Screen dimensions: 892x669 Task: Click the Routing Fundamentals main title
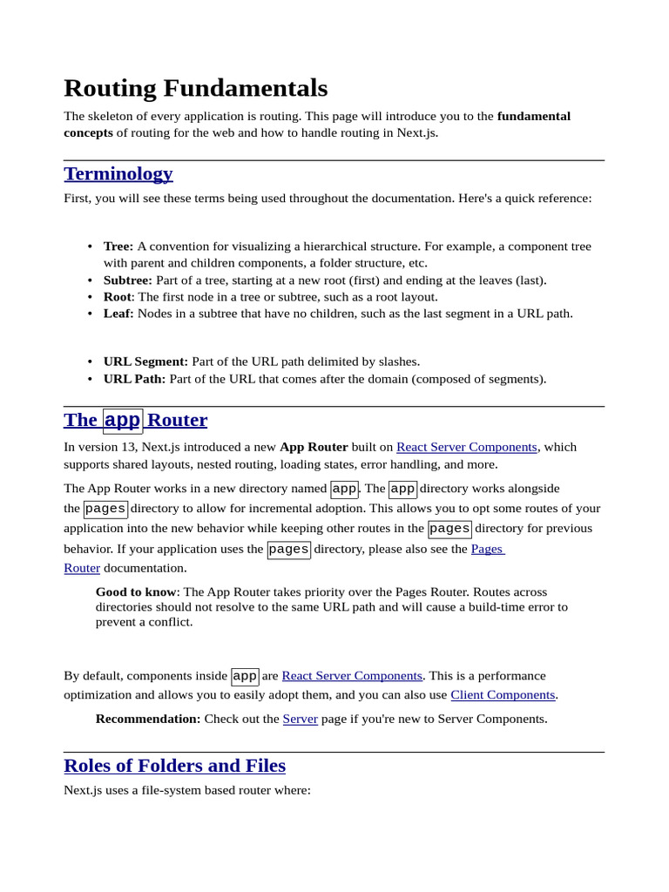click(x=196, y=88)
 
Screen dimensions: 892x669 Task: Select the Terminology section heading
click(x=118, y=173)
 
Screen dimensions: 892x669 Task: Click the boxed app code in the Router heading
click(x=123, y=421)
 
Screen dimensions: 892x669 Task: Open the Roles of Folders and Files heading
click(x=174, y=766)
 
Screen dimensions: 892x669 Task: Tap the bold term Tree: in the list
click(x=118, y=247)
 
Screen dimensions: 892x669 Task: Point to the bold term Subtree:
click(x=128, y=280)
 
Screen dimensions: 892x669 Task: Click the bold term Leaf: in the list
click(x=118, y=314)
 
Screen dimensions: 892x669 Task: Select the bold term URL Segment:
click(x=145, y=362)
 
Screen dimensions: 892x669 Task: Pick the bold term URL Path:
click(x=134, y=379)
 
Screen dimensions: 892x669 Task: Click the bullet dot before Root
click(x=90, y=297)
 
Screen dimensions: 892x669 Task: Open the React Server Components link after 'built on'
click(x=466, y=447)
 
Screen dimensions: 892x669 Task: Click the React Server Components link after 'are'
click(x=352, y=676)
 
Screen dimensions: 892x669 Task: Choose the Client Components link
click(x=503, y=695)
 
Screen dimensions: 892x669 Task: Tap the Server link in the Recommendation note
click(x=300, y=720)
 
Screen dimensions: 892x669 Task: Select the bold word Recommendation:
click(x=148, y=720)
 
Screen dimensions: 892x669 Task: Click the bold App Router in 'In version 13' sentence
click(x=314, y=447)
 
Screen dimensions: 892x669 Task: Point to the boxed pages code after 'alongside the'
click(x=105, y=509)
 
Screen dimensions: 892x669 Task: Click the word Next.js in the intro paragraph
click(x=416, y=133)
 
